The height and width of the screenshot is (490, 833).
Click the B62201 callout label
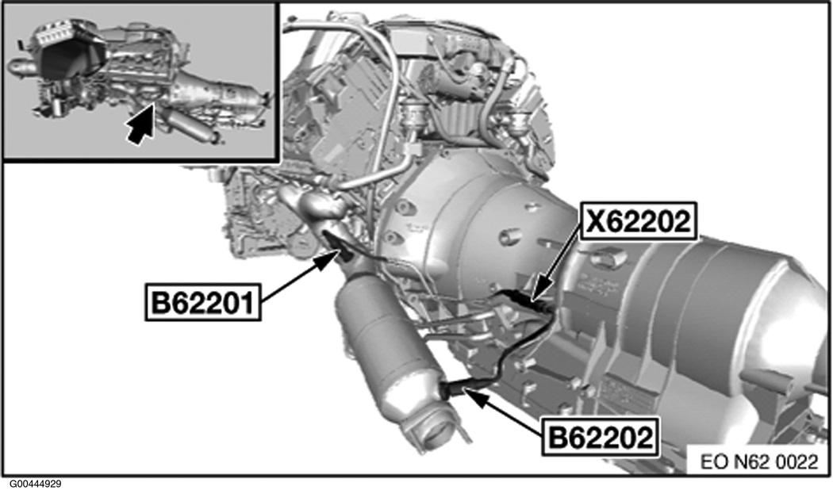[x=203, y=302]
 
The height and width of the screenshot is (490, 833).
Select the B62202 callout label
[x=601, y=435]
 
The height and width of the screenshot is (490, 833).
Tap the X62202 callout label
[x=639, y=224]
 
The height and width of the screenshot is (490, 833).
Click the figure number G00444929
[x=36, y=483]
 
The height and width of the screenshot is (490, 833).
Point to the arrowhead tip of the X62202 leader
[x=535, y=300]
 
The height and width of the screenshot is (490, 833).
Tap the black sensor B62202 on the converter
[x=454, y=389]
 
